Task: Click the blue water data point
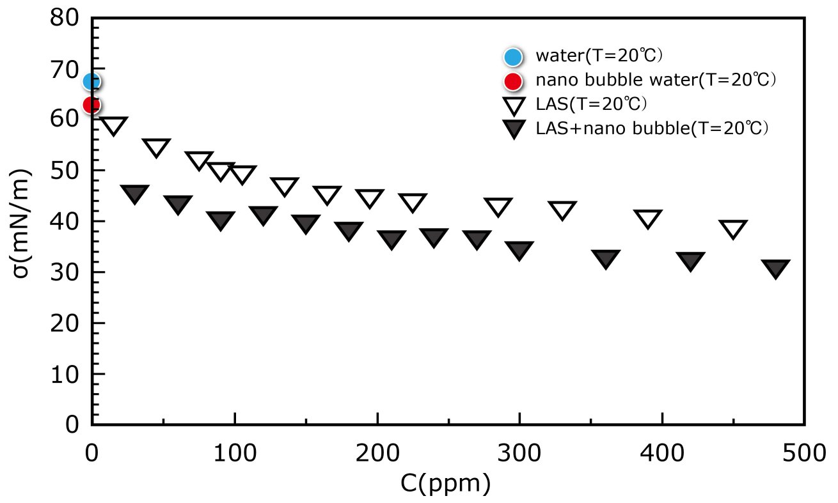point(91,81)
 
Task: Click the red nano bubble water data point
point(91,104)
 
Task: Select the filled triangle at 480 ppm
point(776,268)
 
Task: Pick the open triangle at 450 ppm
point(733,228)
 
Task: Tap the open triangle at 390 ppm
point(648,219)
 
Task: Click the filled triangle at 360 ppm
point(605,258)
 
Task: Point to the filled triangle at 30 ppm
point(134,194)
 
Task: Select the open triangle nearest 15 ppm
point(113,125)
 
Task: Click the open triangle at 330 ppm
point(562,210)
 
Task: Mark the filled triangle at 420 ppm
point(691,260)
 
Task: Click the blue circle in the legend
point(513,56)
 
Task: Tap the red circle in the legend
point(513,81)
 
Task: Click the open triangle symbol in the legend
point(513,105)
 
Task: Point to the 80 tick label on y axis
point(66,19)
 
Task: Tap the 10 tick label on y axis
point(66,375)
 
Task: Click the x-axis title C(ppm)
point(446,483)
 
